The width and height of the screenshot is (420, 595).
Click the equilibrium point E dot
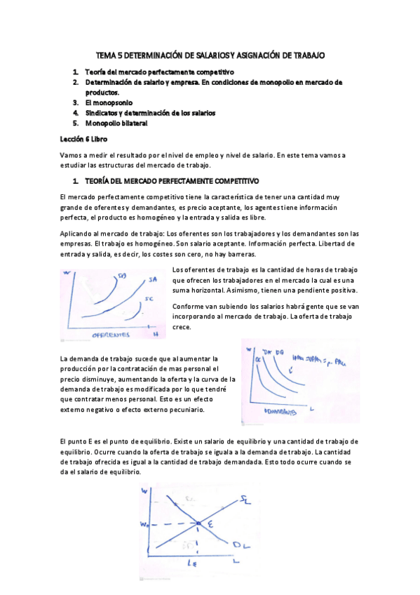198,523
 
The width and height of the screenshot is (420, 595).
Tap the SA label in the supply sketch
153,280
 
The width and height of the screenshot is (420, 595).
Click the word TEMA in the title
107,55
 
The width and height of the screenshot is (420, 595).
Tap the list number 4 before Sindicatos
75,112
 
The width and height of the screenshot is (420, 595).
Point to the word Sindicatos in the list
102,112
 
